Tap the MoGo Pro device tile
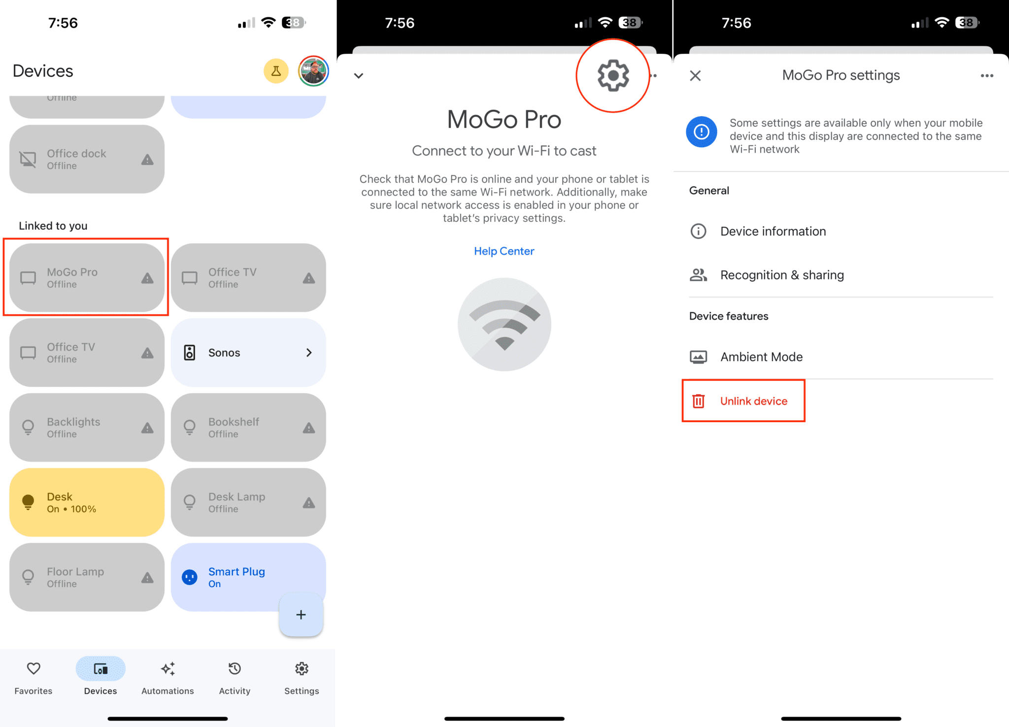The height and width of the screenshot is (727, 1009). coord(86,278)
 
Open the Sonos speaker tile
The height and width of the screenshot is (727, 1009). coord(248,353)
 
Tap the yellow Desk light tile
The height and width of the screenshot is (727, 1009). coord(86,502)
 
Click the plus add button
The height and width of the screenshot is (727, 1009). coord(301,615)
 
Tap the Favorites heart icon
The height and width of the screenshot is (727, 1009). coord(34,669)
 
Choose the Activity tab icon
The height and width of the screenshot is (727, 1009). coord(235,669)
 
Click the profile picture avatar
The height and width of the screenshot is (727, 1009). coord(313,71)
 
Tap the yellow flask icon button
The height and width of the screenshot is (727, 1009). coord(276,71)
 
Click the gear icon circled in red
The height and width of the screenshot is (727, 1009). coord(613,75)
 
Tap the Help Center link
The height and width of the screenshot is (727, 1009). coord(504,251)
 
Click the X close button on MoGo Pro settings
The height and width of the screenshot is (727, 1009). coord(695,75)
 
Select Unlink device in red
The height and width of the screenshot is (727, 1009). coord(744,401)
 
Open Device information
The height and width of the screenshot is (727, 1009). coord(773,231)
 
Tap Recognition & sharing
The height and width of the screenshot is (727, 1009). coord(782,275)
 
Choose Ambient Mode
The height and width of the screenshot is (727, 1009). coord(761,357)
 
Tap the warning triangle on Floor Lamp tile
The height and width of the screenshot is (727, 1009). coord(147,577)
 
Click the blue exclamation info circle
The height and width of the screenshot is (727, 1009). coord(702,132)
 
